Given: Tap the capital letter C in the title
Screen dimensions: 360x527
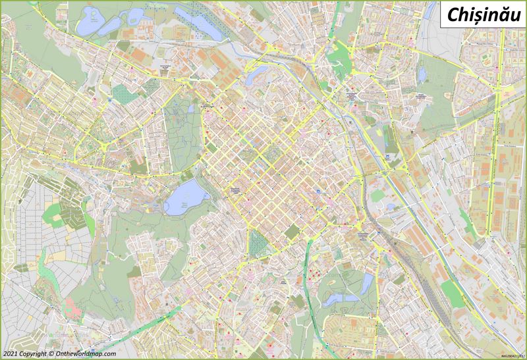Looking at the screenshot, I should coord(451,14).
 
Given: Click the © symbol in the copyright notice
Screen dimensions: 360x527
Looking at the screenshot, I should coord(51,353).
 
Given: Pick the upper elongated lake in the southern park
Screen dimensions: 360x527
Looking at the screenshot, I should coord(367,284).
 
